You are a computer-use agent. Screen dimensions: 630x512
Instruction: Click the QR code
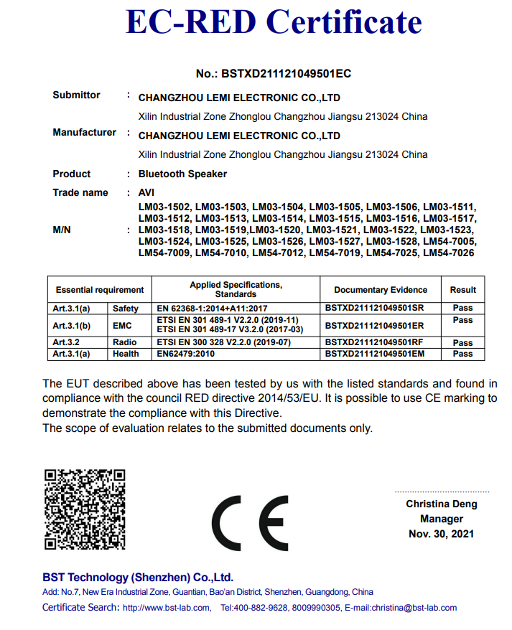pyautogui.click(x=85, y=509)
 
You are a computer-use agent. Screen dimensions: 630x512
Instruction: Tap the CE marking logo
pyautogui.click(x=249, y=523)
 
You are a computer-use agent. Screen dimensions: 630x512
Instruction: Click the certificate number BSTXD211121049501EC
pyautogui.click(x=274, y=74)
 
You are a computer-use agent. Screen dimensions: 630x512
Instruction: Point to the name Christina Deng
pyautogui.click(x=442, y=504)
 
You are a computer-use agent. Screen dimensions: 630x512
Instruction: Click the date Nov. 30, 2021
pyautogui.click(x=442, y=534)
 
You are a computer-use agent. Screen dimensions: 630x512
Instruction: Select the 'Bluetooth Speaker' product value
pyautogui.click(x=182, y=174)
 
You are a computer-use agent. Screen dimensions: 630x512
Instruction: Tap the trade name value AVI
pyautogui.click(x=146, y=192)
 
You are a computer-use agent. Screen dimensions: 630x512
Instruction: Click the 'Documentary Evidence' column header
pyautogui.click(x=381, y=290)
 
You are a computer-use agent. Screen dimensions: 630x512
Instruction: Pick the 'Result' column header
pyautogui.click(x=463, y=290)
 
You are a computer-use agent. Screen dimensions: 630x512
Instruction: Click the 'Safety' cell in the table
pyautogui.click(x=126, y=308)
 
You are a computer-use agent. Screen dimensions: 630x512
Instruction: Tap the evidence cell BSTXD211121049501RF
pyautogui.click(x=374, y=343)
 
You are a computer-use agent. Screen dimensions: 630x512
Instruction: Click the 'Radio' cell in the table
pyautogui.click(x=125, y=343)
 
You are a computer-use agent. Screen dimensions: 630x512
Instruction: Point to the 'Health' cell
pyautogui.click(x=126, y=354)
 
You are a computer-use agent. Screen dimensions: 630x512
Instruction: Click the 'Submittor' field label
pyautogui.click(x=76, y=95)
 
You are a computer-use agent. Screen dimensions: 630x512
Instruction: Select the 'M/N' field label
pyautogui.click(x=62, y=230)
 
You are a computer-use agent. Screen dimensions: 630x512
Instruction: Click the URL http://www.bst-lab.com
pyautogui.click(x=167, y=608)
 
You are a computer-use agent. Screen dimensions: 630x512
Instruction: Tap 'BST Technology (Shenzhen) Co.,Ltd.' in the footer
pyautogui.click(x=138, y=578)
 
